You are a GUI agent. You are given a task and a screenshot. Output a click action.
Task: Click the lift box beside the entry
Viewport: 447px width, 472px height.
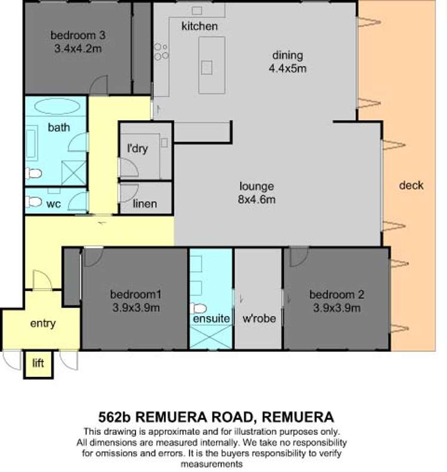click(38, 363)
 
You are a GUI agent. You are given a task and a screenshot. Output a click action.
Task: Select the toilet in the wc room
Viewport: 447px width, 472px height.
click(34, 202)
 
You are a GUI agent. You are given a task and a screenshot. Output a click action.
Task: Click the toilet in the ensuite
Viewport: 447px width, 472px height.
click(198, 308)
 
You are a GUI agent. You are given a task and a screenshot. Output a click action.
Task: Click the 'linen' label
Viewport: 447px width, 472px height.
click(145, 204)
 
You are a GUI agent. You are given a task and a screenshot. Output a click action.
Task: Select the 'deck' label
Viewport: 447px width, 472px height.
click(411, 185)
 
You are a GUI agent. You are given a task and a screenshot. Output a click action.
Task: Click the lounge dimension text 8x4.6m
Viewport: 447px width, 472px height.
click(257, 199)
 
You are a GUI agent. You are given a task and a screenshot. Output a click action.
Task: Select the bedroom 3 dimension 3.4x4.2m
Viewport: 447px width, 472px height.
click(75, 48)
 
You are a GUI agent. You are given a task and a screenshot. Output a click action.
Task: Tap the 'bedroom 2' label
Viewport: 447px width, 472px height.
click(337, 295)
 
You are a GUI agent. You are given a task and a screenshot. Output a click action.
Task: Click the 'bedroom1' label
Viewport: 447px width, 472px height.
click(136, 295)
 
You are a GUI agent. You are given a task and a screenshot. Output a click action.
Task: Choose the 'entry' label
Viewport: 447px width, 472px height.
click(42, 323)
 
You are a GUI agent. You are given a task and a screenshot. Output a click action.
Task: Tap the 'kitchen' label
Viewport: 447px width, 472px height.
click(199, 26)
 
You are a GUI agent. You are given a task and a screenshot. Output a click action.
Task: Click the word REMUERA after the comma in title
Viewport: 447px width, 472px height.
click(299, 416)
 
